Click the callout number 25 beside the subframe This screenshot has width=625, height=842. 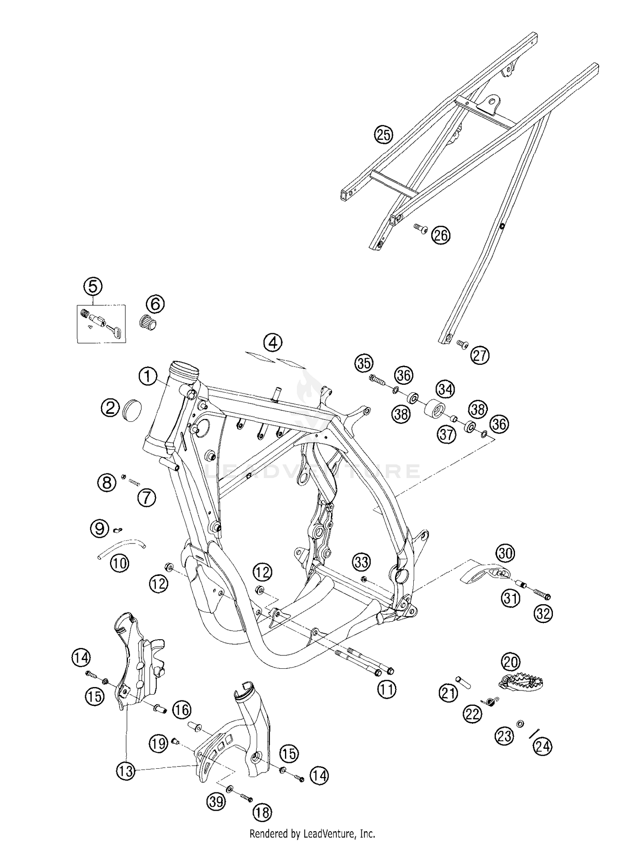(x=383, y=135)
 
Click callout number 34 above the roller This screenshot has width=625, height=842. (x=445, y=389)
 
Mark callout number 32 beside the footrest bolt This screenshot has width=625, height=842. (x=544, y=614)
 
